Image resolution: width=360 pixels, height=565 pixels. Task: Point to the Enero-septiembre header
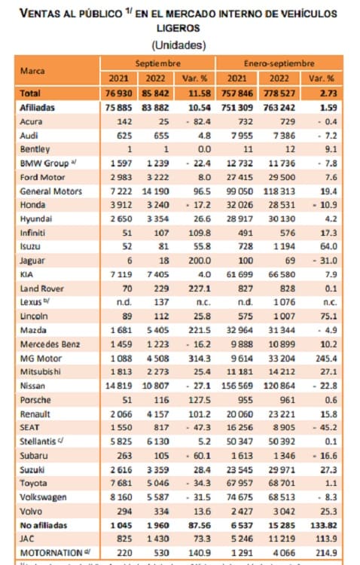(x=279, y=63)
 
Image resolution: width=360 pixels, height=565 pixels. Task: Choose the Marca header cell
(x=33, y=70)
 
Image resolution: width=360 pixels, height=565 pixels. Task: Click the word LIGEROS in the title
(x=179, y=28)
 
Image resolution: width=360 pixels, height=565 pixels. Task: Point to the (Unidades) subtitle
(x=179, y=44)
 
